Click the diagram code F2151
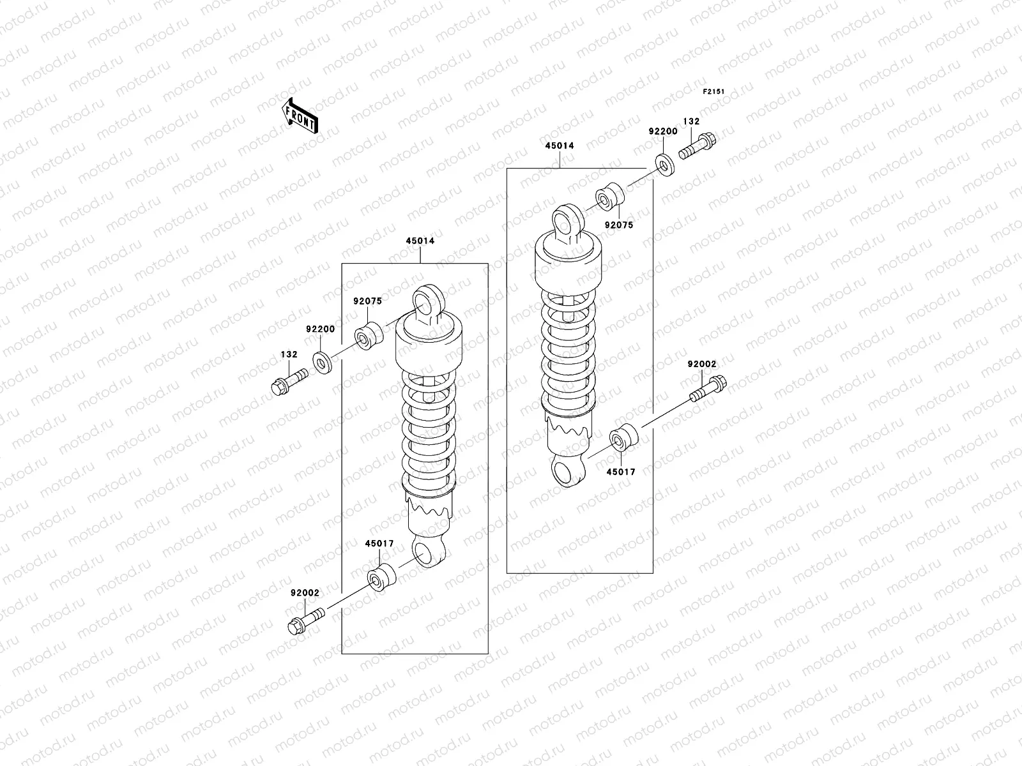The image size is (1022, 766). coord(713,92)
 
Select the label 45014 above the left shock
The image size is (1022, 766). coord(420,241)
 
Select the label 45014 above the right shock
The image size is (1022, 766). coord(559,146)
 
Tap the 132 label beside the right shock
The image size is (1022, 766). coord(691,121)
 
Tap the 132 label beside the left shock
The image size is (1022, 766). coord(289,354)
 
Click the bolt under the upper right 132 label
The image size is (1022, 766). coord(698,146)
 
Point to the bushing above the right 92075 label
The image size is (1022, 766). coord(609,198)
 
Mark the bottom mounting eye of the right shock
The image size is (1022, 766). coord(567,473)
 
